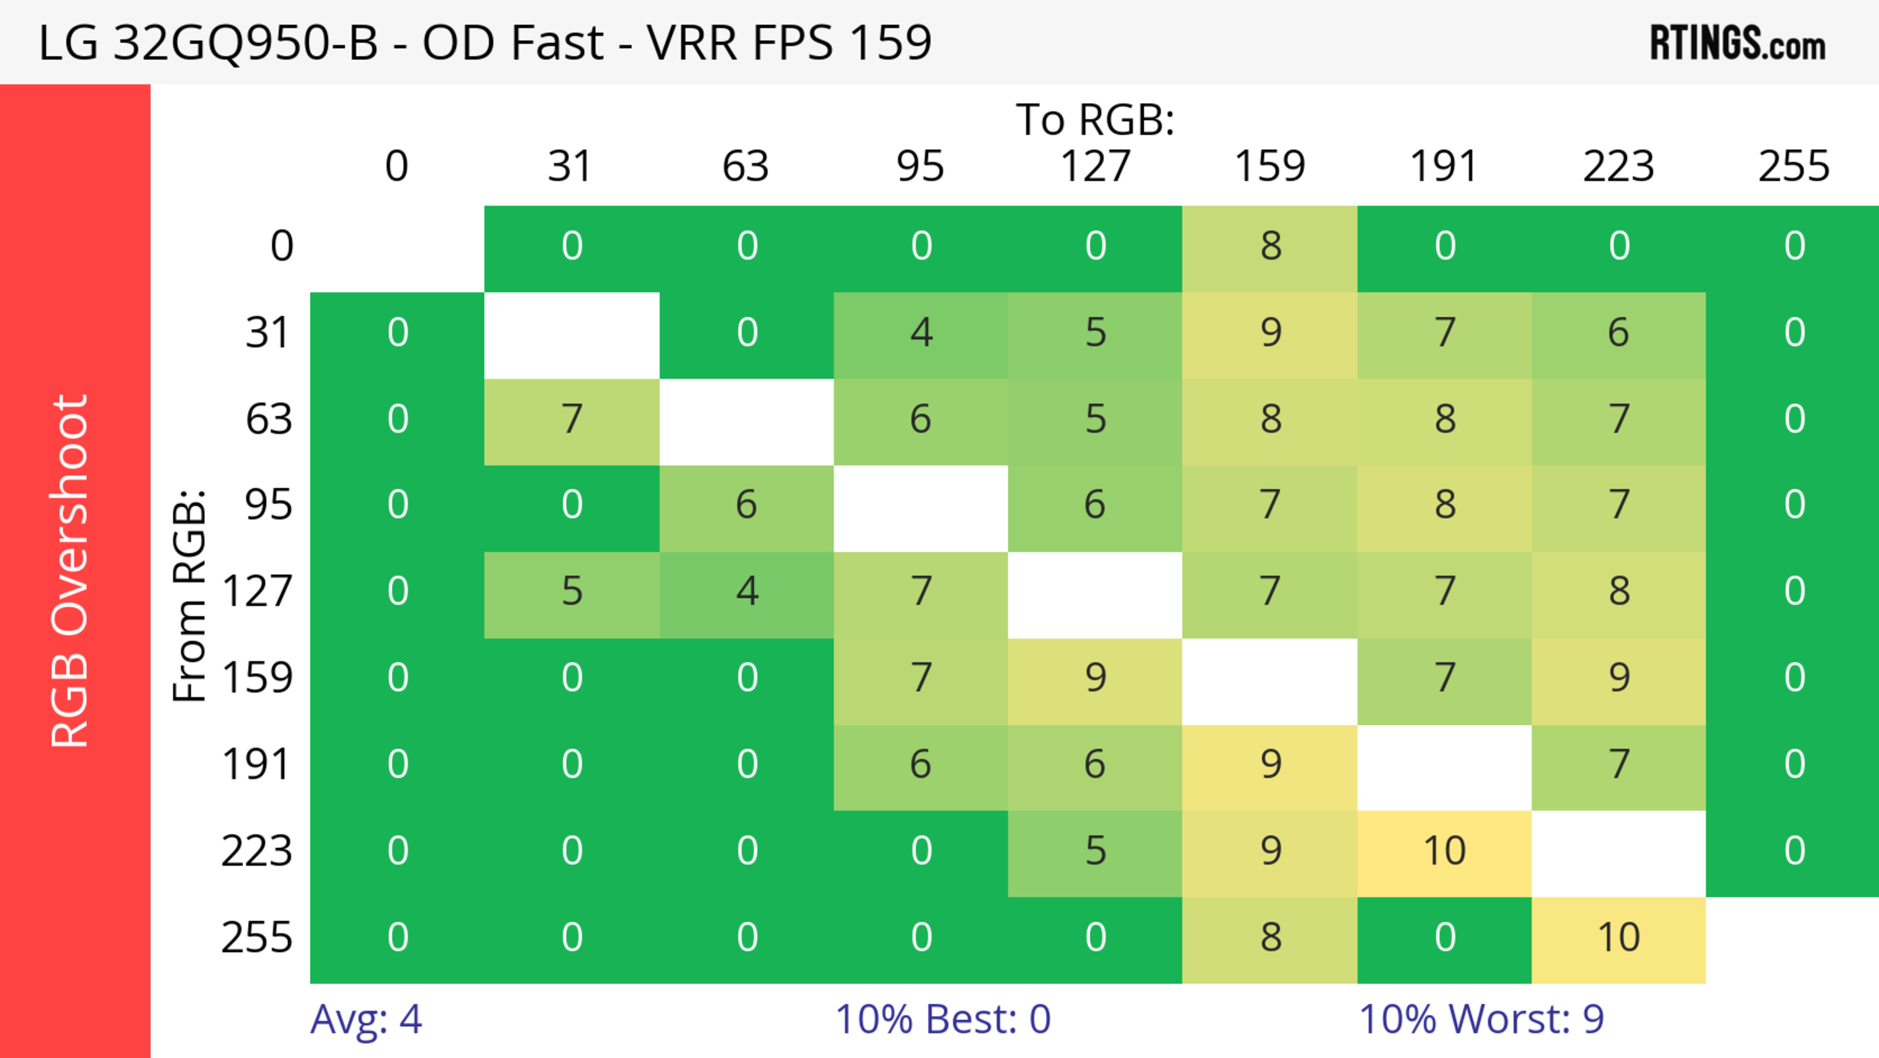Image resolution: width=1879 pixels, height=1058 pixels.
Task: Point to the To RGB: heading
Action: [x=1095, y=119]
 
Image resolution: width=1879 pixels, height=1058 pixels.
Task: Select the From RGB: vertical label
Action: [x=190, y=595]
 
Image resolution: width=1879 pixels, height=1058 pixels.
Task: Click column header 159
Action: [x=1269, y=166]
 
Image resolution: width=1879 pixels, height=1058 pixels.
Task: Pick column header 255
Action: [x=1794, y=166]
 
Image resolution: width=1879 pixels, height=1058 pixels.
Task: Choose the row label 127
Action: [x=257, y=591]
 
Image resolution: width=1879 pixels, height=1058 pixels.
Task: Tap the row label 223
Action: [x=257, y=851]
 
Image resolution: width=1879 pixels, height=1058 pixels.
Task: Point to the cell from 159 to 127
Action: [x=1095, y=679]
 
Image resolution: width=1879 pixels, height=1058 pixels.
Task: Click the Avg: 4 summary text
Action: [x=366, y=1019]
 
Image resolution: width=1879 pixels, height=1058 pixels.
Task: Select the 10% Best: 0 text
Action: [x=942, y=1019]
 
